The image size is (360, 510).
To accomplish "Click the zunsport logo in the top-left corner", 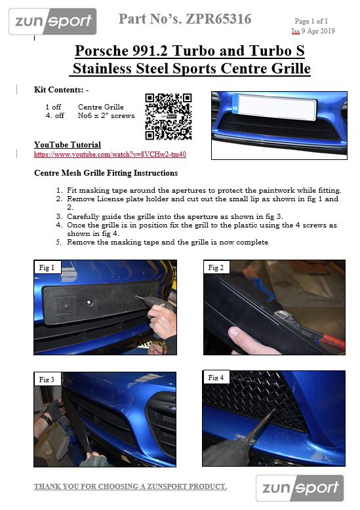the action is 52,22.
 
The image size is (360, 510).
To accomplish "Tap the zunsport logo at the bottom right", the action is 300,488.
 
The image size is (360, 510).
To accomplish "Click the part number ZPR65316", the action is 218,19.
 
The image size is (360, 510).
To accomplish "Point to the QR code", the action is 169,117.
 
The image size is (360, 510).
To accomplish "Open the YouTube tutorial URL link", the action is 110,154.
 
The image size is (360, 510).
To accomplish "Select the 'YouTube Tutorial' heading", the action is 68,145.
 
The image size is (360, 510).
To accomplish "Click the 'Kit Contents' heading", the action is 61,90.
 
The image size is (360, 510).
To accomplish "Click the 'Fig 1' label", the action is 47,267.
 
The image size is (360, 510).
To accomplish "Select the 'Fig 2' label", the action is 216,267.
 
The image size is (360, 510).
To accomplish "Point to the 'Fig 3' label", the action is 47,380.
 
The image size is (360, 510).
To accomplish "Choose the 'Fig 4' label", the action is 216,378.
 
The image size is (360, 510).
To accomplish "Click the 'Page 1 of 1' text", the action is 311,21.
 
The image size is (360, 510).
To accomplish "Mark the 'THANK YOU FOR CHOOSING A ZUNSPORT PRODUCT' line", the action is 130,486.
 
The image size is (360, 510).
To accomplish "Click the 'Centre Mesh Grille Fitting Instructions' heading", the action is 106,173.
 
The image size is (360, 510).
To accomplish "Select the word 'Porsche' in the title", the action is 102,50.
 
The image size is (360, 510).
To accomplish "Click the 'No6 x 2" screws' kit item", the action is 106,115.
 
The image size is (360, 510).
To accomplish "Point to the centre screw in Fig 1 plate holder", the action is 89,302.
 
